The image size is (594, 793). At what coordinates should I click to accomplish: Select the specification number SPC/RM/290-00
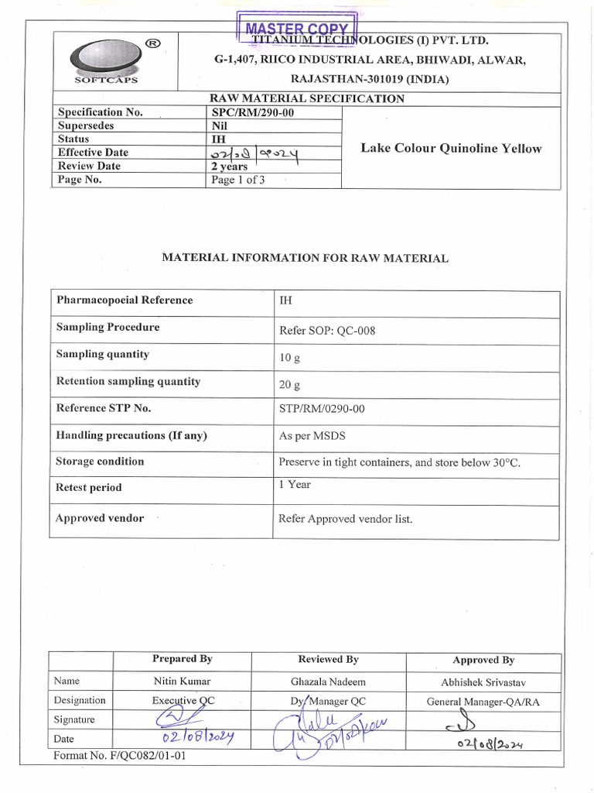[253, 112]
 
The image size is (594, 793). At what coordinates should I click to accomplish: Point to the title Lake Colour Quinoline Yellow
[451, 148]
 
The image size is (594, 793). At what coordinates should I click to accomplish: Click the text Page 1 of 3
[238, 180]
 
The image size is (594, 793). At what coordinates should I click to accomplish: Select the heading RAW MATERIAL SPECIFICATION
[307, 98]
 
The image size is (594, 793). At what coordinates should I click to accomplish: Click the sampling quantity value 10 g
[289, 359]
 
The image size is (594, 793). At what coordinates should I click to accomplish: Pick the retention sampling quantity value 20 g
[289, 385]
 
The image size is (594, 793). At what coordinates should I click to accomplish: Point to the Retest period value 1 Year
[295, 484]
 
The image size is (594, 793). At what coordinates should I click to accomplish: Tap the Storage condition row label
[100, 462]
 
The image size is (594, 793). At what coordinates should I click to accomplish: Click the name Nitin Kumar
[182, 681]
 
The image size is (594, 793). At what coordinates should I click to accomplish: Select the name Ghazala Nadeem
[328, 681]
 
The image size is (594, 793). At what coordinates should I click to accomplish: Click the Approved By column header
[483, 660]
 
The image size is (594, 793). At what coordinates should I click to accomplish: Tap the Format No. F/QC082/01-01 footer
[120, 756]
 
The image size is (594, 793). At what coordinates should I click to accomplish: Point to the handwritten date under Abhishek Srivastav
[490, 745]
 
